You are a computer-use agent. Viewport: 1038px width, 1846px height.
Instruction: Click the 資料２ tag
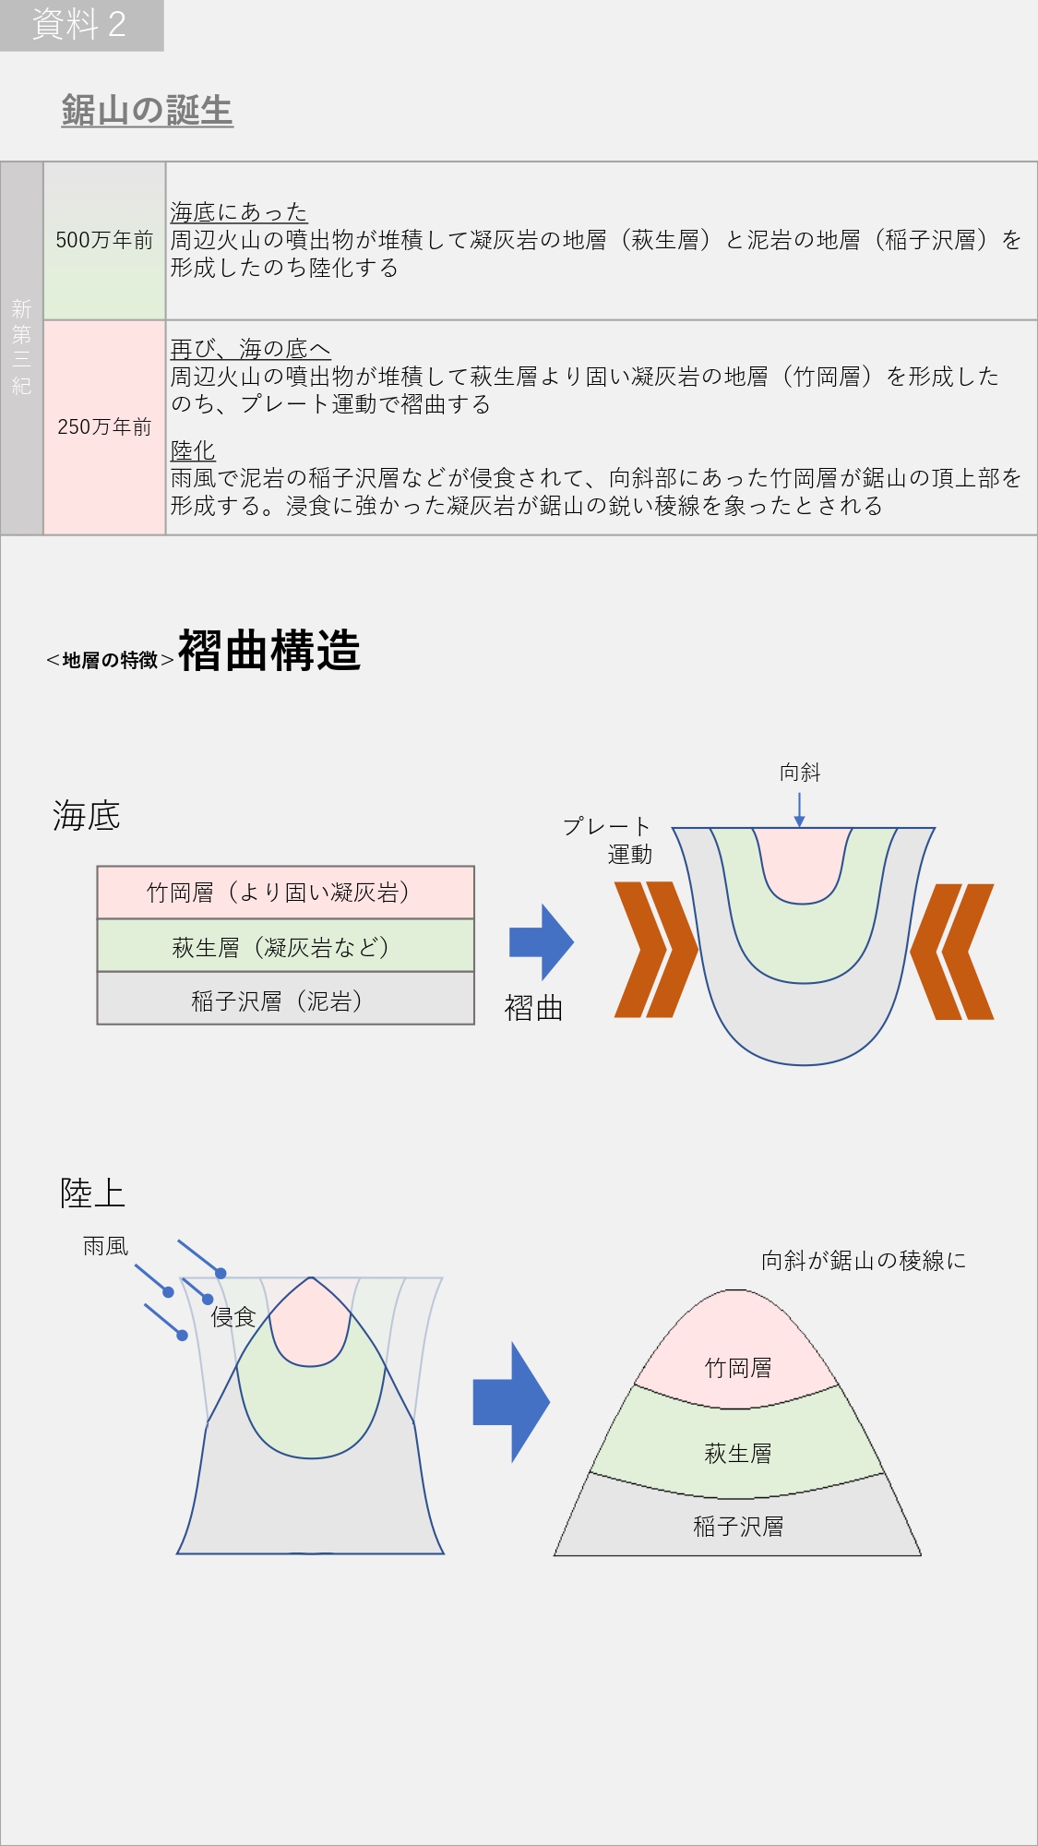pyautogui.click(x=80, y=25)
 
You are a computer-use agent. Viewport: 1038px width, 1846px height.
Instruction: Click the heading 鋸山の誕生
pyautogui.click(x=147, y=111)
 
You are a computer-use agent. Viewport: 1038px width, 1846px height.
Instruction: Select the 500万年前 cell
pyautogui.click(x=104, y=241)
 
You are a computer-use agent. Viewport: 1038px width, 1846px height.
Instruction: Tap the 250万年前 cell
pyautogui.click(x=104, y=427)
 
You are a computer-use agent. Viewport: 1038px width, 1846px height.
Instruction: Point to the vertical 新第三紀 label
pyautogui.click(x=21, y=347)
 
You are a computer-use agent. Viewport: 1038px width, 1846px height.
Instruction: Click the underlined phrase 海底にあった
pyautogui.click(x=238, y=212)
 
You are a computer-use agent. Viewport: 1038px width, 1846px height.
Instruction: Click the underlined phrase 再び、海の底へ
pyautogui.click(x=250, y=349)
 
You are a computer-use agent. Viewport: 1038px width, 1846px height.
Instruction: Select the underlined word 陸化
pyautogui.click(x=193, y=450)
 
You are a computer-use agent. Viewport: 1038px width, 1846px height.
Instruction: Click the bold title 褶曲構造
pyautogui.click(x=268, y=651)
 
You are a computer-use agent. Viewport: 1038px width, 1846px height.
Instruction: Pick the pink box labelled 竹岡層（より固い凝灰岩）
pyautogui.click(x=285, y=893)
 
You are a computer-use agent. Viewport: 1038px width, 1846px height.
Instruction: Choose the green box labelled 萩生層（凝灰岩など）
pyautogui.click(x=285, y=946)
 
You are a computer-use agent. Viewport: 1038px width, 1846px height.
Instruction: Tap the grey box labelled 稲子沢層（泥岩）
pyautogui.click(x=285, y=1000)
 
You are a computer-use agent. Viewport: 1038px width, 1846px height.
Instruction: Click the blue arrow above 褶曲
pyautogui.click(x=542, y=942)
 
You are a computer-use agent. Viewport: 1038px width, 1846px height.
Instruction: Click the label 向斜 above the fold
pyautogui.click(x=799, y=773)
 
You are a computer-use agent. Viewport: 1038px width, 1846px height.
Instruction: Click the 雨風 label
pyautogui.click(x=105, y=1247)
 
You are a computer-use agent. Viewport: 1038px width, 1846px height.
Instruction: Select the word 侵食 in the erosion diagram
pyautogui.click(x=233, y=1317)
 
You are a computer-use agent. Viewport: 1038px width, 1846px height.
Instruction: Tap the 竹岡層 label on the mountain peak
pyautogui.click(x=737, y=1368)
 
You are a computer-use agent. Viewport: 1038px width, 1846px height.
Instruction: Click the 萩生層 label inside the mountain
pyautogui.click(x=737, y=1454)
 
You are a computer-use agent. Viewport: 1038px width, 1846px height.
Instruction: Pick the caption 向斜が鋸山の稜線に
pyautogui.click(x=863, y=1261)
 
